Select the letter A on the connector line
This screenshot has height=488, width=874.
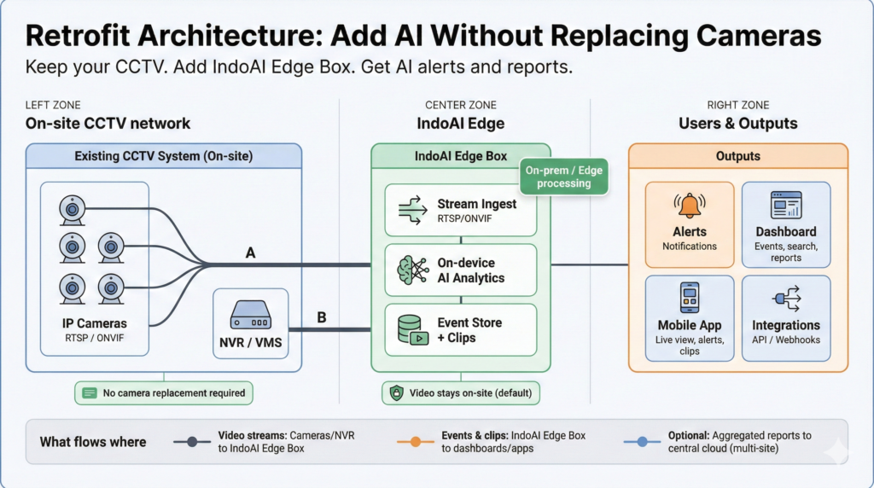pos(250,253)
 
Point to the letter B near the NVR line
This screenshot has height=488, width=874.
pos(322,317)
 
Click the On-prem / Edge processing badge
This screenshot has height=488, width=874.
pos(563,177)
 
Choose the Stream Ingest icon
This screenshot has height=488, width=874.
pos(412,211)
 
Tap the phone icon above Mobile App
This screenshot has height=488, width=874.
pos(689,299)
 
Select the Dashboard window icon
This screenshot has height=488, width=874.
pos(785,206)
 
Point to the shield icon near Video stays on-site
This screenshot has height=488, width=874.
pos(396,393)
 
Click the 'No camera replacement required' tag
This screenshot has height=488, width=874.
pos(163,393)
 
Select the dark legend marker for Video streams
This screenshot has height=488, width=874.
pos(193,442)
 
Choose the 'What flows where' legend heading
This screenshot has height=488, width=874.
pos(92,442)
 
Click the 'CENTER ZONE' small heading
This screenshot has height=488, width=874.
pos(461,105)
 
